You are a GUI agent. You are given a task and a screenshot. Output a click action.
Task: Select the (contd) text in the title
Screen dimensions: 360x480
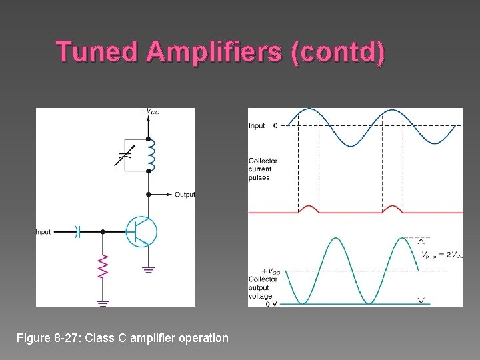[338, 53]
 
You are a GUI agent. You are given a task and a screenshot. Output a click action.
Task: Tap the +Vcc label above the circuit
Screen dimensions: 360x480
[150, 111]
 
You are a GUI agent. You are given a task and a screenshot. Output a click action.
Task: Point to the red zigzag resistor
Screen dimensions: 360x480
[103, 267]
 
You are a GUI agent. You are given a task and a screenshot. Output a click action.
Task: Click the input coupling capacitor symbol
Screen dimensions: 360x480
[77, 232]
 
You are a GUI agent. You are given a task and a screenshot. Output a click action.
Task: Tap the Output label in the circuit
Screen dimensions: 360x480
[185, 195]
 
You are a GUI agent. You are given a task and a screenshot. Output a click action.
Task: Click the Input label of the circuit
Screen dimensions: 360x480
[43, 232]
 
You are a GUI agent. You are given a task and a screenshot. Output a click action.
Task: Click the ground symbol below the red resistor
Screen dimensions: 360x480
[103, 302]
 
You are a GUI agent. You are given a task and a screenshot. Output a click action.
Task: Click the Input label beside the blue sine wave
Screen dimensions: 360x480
[257, 125]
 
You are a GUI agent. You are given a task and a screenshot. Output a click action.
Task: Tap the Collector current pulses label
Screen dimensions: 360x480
[263, 169]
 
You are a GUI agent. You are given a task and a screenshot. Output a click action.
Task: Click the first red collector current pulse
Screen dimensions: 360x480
[309, 209]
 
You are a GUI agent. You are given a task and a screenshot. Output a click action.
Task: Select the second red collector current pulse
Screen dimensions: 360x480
[392, 209]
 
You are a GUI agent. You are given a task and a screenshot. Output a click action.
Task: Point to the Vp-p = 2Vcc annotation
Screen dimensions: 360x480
[442, 255]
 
